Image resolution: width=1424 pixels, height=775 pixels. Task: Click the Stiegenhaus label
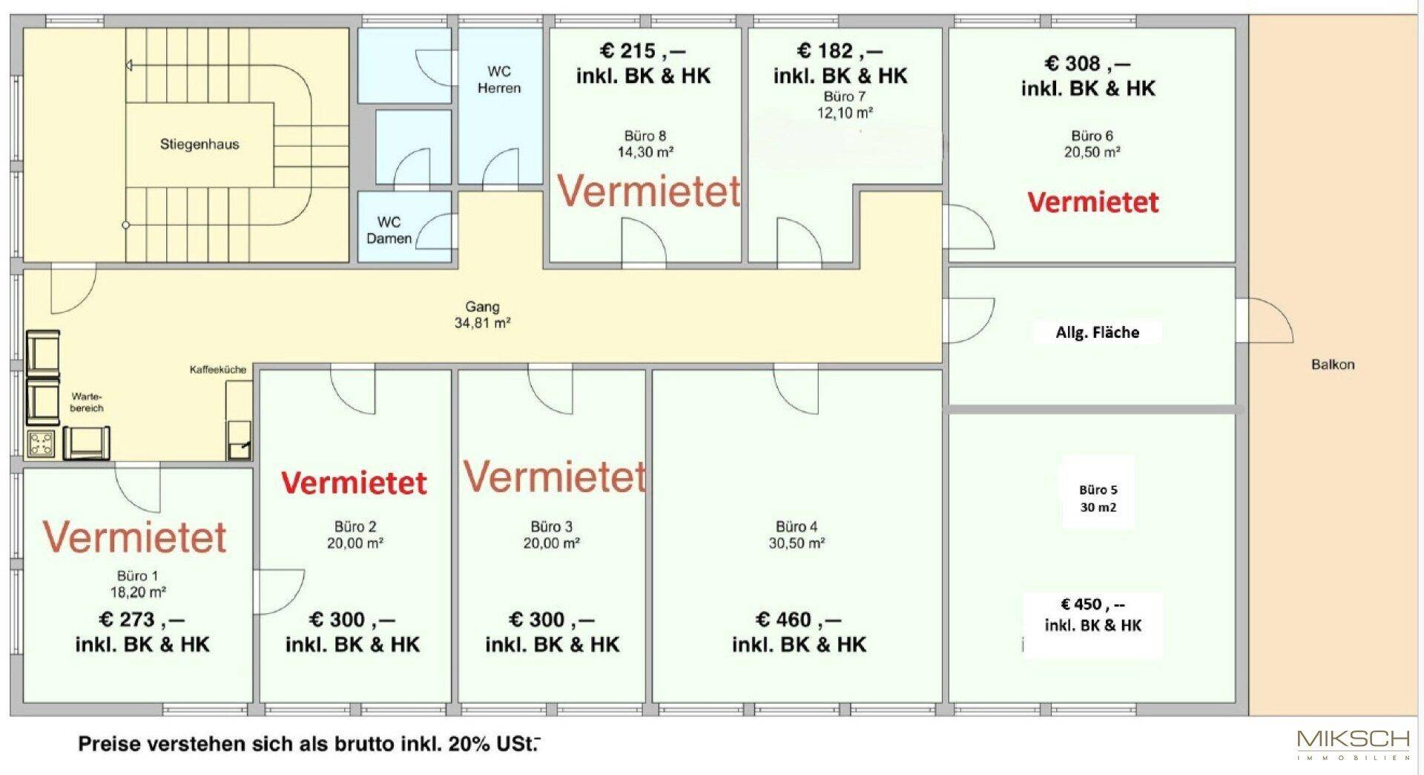tap(200, 144)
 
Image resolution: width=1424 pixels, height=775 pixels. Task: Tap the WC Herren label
tap(499, 79)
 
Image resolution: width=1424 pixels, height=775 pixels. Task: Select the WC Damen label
tap(389, 230)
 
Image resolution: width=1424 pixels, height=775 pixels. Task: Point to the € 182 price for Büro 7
tap(840, 51)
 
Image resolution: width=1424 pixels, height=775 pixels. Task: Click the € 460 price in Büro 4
tap(798, 620)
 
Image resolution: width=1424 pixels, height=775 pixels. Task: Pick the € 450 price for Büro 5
tap(1092, 604)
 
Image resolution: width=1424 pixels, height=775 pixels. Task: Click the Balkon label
tap(1333, 364)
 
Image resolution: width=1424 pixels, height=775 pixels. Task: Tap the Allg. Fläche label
tap(1098, 333)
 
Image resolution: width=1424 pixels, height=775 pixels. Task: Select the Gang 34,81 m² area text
tap(482, 315)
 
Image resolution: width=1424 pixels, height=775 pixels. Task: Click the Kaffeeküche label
tap(218, 369)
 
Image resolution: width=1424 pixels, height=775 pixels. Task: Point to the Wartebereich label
tap(87, 402)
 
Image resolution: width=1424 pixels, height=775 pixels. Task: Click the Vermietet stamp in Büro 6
tap(1092, 203)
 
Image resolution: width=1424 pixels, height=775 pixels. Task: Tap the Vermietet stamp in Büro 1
tap(134, 537)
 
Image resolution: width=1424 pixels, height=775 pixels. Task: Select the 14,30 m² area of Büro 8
tap(645, 152)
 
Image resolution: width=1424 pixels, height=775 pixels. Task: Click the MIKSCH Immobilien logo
tap(1354, 745)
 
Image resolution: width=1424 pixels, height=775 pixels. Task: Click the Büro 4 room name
tap(797, 526)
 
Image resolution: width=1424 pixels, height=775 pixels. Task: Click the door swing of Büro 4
tap(796, 389)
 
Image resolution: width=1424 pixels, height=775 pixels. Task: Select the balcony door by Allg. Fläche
tap(1265, 320)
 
